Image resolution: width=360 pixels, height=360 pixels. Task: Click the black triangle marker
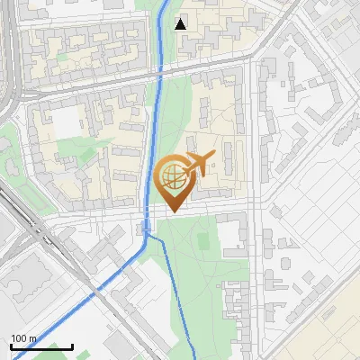[181, 24]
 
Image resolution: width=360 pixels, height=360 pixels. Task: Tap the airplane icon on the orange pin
[198, 164]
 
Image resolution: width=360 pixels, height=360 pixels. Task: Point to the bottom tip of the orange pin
[173, 212]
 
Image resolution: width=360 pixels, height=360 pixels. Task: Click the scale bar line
[41, 346]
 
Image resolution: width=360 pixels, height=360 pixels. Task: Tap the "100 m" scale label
[23, 338]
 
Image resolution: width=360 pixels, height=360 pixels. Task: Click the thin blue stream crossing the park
[181, 297]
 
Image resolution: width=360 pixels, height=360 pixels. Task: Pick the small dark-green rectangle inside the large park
[202, 241]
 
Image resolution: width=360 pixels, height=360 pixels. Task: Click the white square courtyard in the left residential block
[69, 126]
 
